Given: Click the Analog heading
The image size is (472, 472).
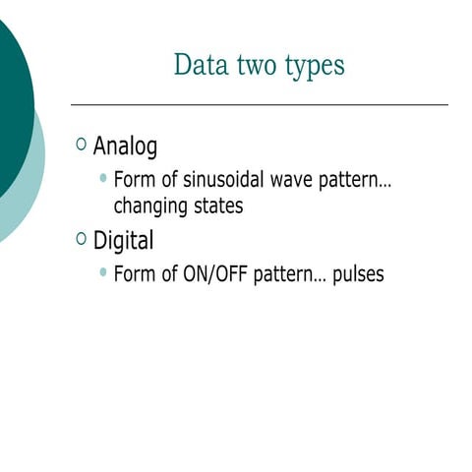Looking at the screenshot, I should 125,147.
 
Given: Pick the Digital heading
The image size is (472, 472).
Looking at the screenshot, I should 123,240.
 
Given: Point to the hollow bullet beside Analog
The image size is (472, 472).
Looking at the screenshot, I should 81,146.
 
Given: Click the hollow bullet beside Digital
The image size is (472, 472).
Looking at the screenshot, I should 81,239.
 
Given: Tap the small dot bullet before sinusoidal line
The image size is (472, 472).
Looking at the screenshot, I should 104,179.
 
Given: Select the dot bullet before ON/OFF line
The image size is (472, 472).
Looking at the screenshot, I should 104,272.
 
